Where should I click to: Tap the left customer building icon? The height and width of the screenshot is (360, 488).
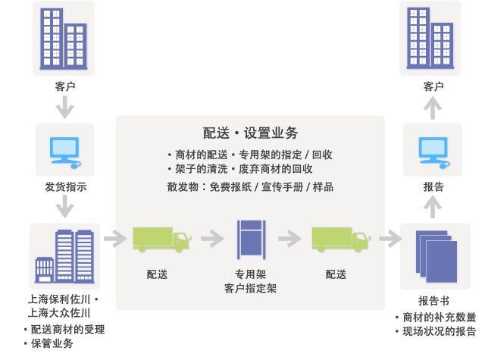click(x=64, y=39)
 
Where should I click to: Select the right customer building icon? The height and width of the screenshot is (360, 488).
click(x=431, y=39)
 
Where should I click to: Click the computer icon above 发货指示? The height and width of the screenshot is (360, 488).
click(x=64, y=150)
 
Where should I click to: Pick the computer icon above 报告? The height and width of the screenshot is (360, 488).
click(x=431, y=150)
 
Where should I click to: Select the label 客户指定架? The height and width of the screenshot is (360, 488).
click(x=251, y=289)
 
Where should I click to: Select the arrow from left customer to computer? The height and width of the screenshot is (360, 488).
click(x=64, y=108)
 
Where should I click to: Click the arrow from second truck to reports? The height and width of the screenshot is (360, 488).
click(x=389, y=239)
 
